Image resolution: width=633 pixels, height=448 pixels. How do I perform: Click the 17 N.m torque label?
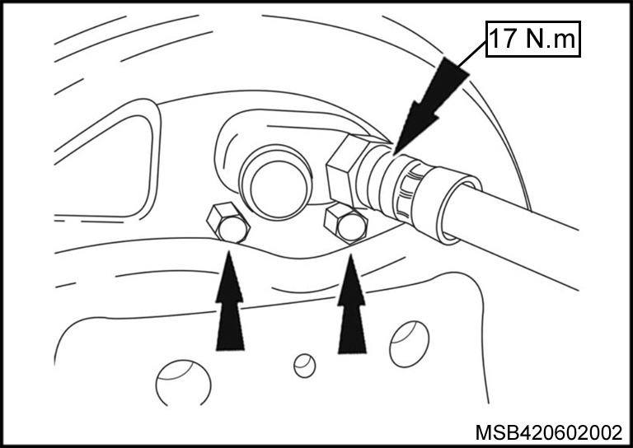coord(533,39)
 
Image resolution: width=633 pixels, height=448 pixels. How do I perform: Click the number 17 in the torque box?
coord(503,39)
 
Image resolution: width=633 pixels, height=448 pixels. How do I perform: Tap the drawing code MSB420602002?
coord(549,432)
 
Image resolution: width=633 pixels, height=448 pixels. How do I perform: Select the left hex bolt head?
coord(228,223)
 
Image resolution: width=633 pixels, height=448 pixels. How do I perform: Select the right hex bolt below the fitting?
coord(346,223)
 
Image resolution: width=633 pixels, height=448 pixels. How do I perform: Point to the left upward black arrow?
coord(230,301)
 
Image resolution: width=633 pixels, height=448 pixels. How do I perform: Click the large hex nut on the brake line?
coord(342,170)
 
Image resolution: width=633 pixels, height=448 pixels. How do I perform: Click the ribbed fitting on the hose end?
coord(408,189)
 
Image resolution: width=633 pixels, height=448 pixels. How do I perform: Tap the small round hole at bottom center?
coord(305,366)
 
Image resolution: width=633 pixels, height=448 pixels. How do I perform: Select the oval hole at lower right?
coord(410,344)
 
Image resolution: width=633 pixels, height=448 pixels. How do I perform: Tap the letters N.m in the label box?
coord(551,39)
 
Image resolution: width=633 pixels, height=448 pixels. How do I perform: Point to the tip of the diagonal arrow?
coord(394,155)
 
